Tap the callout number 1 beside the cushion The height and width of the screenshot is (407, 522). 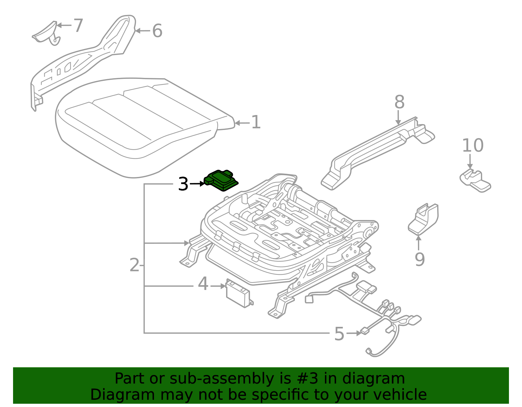[256, 123]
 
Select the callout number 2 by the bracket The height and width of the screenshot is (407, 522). [134, 265]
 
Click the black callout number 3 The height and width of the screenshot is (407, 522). [183, 184]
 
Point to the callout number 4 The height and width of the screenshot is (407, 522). [203, 284]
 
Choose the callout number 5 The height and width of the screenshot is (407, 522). [339, 334]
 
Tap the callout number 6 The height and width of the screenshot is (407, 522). [157, 31]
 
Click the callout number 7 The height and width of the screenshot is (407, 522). [78, 25]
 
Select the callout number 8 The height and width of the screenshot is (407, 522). [399, 102]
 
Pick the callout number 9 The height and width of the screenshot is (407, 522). [420, 259]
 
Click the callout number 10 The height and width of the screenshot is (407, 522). [472, 146]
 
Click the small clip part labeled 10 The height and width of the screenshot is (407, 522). [475, 181]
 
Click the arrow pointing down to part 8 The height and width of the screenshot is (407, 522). [398, 118]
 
